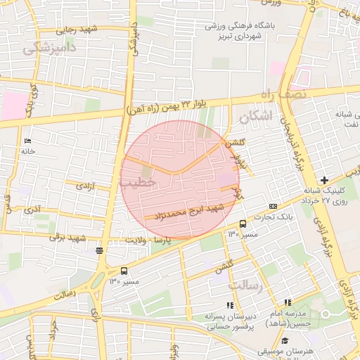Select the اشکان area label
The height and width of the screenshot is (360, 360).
point(254,117)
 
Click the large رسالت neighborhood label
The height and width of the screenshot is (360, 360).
point(246,285)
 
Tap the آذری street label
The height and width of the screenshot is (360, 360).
point(32,210)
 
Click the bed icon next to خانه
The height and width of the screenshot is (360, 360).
point(27,141)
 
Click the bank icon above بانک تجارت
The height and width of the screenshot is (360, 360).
point(273,206)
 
